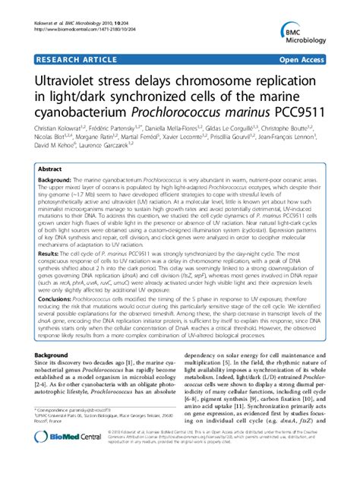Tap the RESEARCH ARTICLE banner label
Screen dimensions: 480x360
pyautogui.click(x=69, y=58)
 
